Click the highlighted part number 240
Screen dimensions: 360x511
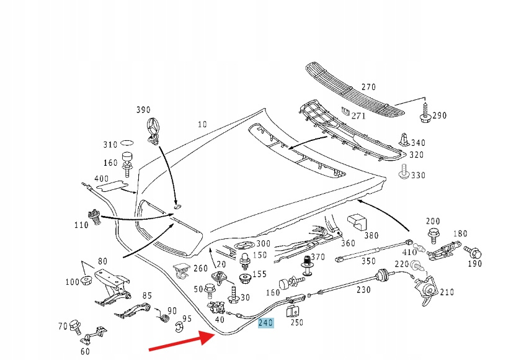pyautogui.click(x=265, y=323)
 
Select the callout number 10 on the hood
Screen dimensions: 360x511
pyautogui.click(x=202, y=124)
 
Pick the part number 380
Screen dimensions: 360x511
pyautogui.click(x=371, y=236)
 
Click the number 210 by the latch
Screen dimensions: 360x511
pyautogui.click(x=447, y=292)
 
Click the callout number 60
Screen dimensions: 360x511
pyautogui.click(x=85, y=352)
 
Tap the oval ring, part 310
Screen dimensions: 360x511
pyautogui.click(x=127, y=145)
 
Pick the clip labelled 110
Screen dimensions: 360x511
pyautogui.click(x=96, y=217)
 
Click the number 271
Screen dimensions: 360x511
pyautogui.click(x=358, y=115)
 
